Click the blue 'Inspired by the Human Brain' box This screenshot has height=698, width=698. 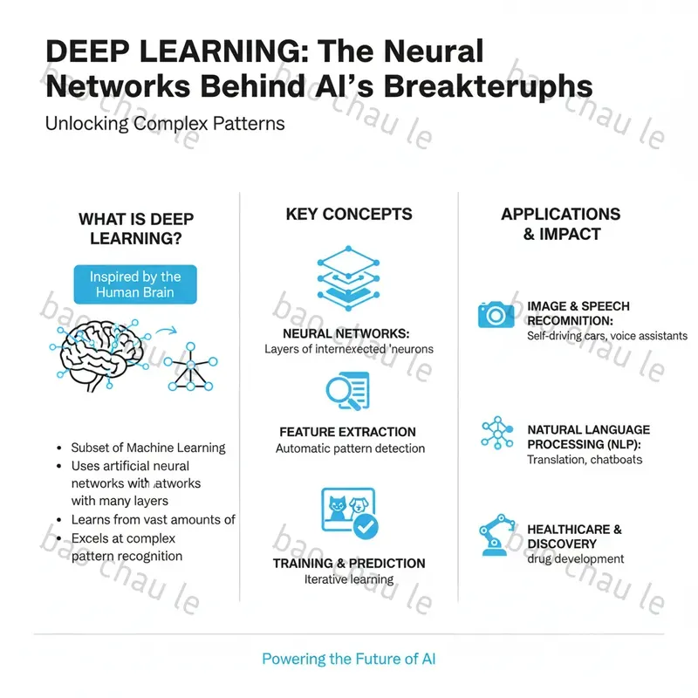[135, 285]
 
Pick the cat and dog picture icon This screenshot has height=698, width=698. [348, 514]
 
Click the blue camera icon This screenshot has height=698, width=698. [496, 314]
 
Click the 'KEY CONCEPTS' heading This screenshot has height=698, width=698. [349, 215]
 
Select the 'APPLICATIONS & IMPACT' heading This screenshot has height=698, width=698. [561, 224]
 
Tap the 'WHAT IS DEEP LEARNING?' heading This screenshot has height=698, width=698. [136, 229]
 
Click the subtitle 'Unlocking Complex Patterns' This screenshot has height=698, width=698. [165, 123]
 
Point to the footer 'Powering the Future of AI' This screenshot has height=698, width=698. [348, 659]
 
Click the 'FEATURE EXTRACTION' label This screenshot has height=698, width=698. [347, 432]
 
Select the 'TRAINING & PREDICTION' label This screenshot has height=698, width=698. [349, 563]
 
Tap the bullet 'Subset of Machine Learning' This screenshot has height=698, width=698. [148, 448]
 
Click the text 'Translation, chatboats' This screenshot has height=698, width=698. [585, 460]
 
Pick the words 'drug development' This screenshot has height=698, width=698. [576, 558]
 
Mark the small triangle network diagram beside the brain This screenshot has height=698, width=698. [192, 368]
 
